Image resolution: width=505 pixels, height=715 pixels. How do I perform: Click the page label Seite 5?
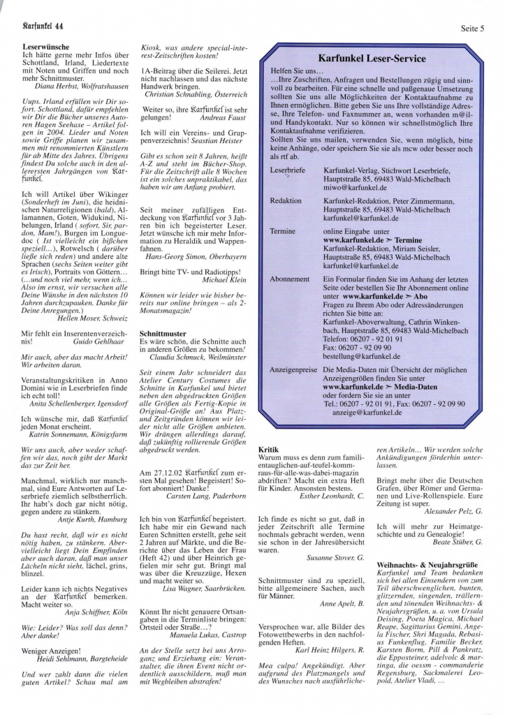(473, 28)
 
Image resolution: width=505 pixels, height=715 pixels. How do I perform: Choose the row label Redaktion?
(286, 200)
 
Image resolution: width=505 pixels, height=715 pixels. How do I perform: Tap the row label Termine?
(283, 231)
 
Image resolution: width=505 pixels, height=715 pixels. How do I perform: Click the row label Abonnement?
(289, 279)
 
